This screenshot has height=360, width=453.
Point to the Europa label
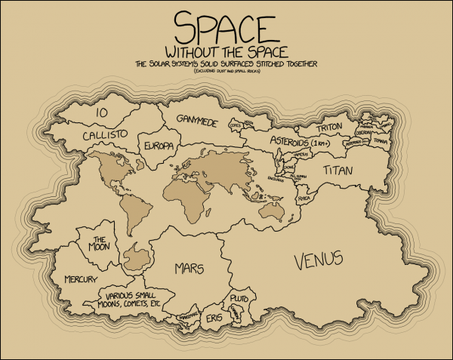159,144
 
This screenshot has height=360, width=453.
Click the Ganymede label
197,119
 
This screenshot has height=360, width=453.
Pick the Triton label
330,128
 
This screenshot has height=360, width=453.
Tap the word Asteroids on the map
285,142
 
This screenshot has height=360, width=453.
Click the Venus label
318,260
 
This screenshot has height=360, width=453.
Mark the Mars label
190,268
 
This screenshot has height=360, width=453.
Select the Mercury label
80,279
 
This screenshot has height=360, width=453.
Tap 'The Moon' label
101,243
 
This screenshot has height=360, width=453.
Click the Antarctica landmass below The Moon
138,258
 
